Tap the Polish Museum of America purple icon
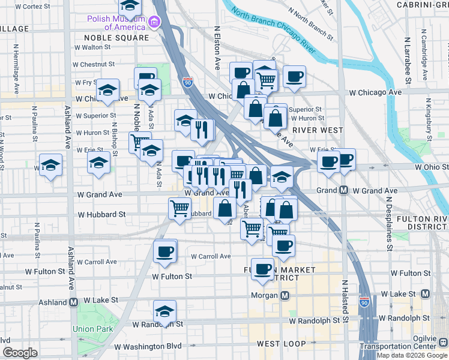coord(155,23)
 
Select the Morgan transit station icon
coord(285,296)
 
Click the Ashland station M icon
coord(74,302)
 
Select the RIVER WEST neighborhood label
coord(318,130)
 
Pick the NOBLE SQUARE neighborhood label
coord(112,38)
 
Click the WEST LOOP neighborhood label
coord(282,344)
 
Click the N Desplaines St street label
coord(389,223)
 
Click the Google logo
coord(20,353)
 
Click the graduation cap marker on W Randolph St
coord(164,311)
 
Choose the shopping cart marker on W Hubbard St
coord(180,208)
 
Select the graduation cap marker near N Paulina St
coord(50,165)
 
